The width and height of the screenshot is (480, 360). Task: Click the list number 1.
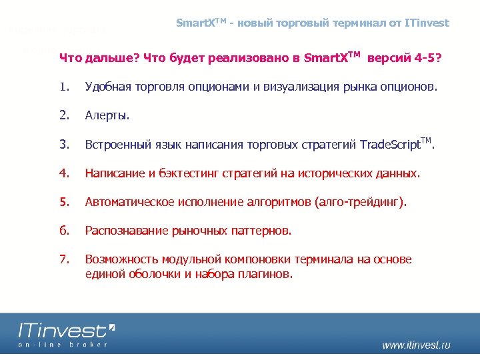[x=63, y=86]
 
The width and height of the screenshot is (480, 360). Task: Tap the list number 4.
[x=63, y=173]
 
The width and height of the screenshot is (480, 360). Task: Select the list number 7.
[x=63, y=259]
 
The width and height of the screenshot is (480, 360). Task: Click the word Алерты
[x=107, y=115]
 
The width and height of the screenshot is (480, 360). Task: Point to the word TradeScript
[x=389, y=145]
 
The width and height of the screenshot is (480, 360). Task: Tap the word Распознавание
[x=127, y=231]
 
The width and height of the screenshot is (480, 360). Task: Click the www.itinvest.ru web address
[x=416, y=345]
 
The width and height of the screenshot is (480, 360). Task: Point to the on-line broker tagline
[x=63, y=344]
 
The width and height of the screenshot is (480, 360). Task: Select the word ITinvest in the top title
[x=427, y=23]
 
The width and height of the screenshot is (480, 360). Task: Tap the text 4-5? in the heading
[x=427, y=57]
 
